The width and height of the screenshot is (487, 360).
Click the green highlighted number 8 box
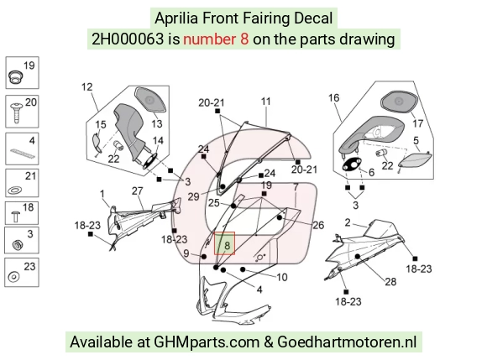coord(224,243)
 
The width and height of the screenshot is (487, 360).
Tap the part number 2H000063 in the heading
coord(128,39)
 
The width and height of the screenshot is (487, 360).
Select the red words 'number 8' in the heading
coord(216,39)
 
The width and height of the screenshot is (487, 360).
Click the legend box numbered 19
coord(22,73)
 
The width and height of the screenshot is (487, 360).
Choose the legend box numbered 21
coord(22,183)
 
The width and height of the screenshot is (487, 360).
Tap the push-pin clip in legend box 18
coord(15,217)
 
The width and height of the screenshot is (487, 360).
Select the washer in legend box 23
coord(13,277)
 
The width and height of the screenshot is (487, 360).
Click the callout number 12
coord(87,87)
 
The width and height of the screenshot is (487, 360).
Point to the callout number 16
coord(334,98)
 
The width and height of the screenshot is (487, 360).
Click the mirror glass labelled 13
coord(150,99)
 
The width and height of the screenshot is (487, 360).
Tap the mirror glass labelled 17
coord(399,102)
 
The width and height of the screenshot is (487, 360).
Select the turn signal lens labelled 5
coord(415,161)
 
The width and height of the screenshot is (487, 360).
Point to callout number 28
coord(390,282)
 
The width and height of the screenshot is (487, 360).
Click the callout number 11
coord(266,102)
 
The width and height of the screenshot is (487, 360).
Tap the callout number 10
coord(282,277)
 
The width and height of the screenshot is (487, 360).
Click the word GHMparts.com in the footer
coord(207,342)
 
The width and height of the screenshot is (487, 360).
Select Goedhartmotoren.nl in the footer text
coord(347,342)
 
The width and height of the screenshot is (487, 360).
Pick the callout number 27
coord(137,190)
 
